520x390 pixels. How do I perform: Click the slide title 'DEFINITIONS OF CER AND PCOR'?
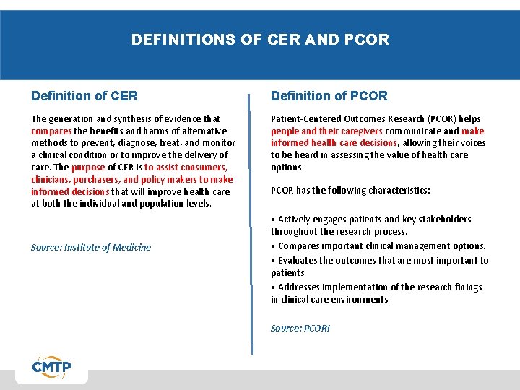tap(260, 40)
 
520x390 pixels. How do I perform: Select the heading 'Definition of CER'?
tap(84, 96)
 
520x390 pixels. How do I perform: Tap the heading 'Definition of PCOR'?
tap(329, 96)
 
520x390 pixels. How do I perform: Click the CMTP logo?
tap(51, 368)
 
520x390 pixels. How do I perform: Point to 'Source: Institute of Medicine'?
tap(91, 247)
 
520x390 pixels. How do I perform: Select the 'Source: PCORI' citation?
tap(300, 328)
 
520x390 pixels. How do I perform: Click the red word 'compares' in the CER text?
tap(51, 131)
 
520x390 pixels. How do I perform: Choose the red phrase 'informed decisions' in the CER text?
tap(70, 192)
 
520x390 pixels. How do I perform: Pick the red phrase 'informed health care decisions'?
tap(334, 143)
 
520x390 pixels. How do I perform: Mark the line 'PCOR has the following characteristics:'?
tap(350, 191)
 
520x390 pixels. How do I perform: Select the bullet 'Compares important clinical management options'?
tap(378, 246)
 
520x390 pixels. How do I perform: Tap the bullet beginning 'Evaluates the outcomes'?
tap(379, 260)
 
